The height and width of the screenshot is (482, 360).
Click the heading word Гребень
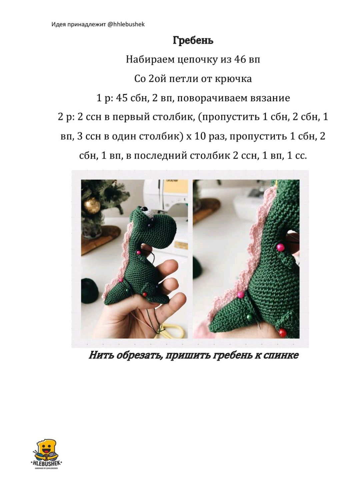[193, 40]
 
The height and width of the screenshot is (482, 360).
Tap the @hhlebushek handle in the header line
[126, 24]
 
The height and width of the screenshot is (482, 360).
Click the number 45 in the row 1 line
[122, 98]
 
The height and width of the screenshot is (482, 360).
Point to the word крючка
[233, 79]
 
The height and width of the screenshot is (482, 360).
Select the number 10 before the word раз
[200, 136]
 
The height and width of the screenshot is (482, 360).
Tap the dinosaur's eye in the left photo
[146, 210]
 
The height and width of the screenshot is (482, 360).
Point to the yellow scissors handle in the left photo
[173, 330]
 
